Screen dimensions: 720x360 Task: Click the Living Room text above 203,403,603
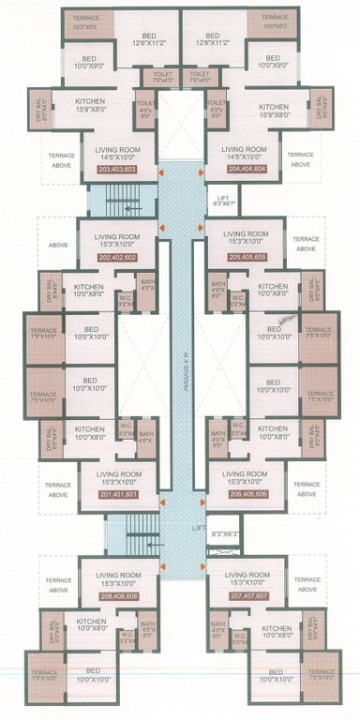click(116, 147)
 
